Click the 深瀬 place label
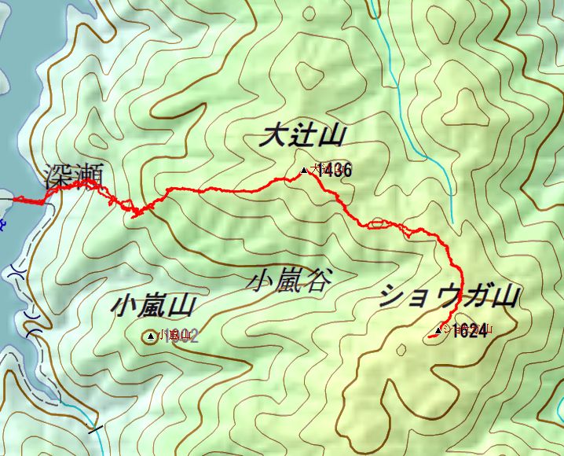coord(75,175)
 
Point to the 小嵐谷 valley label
coord(288,280)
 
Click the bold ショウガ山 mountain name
coord(450,296)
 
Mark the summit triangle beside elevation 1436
coord(304,170)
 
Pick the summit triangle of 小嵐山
coord(151,336)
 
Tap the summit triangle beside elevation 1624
coord(438,330)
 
